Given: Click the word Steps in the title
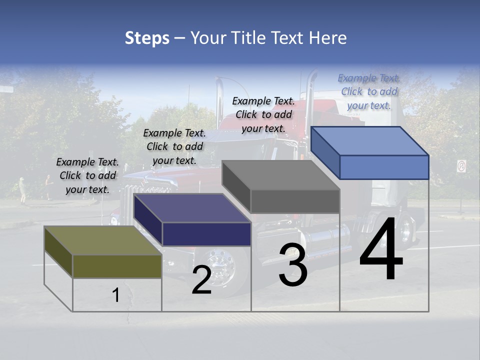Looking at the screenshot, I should coord(147,38).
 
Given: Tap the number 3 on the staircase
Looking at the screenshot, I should coord(293,264).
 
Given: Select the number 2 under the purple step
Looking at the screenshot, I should coord(201,279).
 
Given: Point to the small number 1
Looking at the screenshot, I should coord(115,295).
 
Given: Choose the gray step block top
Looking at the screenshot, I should coord(280,175).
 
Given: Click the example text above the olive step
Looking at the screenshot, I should coord(87,175).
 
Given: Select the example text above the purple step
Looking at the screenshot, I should coord(174,146).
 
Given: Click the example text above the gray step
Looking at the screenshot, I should coord(263,114).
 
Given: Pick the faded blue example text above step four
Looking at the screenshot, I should coord(369,91).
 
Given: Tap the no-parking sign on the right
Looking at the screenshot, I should coord(461,166).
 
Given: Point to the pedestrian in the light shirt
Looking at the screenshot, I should coord(22,190).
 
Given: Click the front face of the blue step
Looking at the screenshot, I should coord(384,167).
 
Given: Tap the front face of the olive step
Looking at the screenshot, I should coord(117,266).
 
